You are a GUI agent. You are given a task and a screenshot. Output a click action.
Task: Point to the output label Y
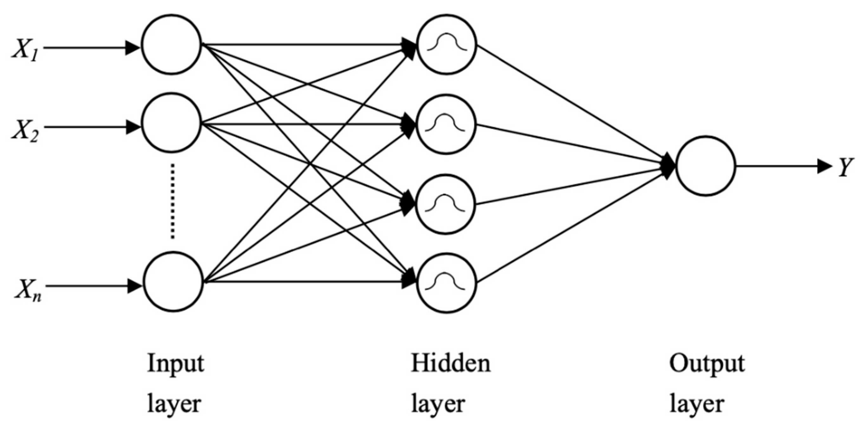845,166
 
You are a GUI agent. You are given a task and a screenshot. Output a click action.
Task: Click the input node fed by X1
172,44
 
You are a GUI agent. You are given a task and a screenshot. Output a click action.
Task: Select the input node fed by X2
172,123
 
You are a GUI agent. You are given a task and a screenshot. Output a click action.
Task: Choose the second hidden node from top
446,124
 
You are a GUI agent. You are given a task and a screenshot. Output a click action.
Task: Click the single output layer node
705,165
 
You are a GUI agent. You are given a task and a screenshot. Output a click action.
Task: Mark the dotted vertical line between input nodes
173,201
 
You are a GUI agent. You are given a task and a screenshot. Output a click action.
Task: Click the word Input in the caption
176,364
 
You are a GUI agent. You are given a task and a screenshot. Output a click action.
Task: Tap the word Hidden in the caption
451,363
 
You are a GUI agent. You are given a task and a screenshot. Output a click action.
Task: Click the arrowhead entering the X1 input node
132,48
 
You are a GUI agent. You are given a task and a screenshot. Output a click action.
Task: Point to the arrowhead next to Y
825,166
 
